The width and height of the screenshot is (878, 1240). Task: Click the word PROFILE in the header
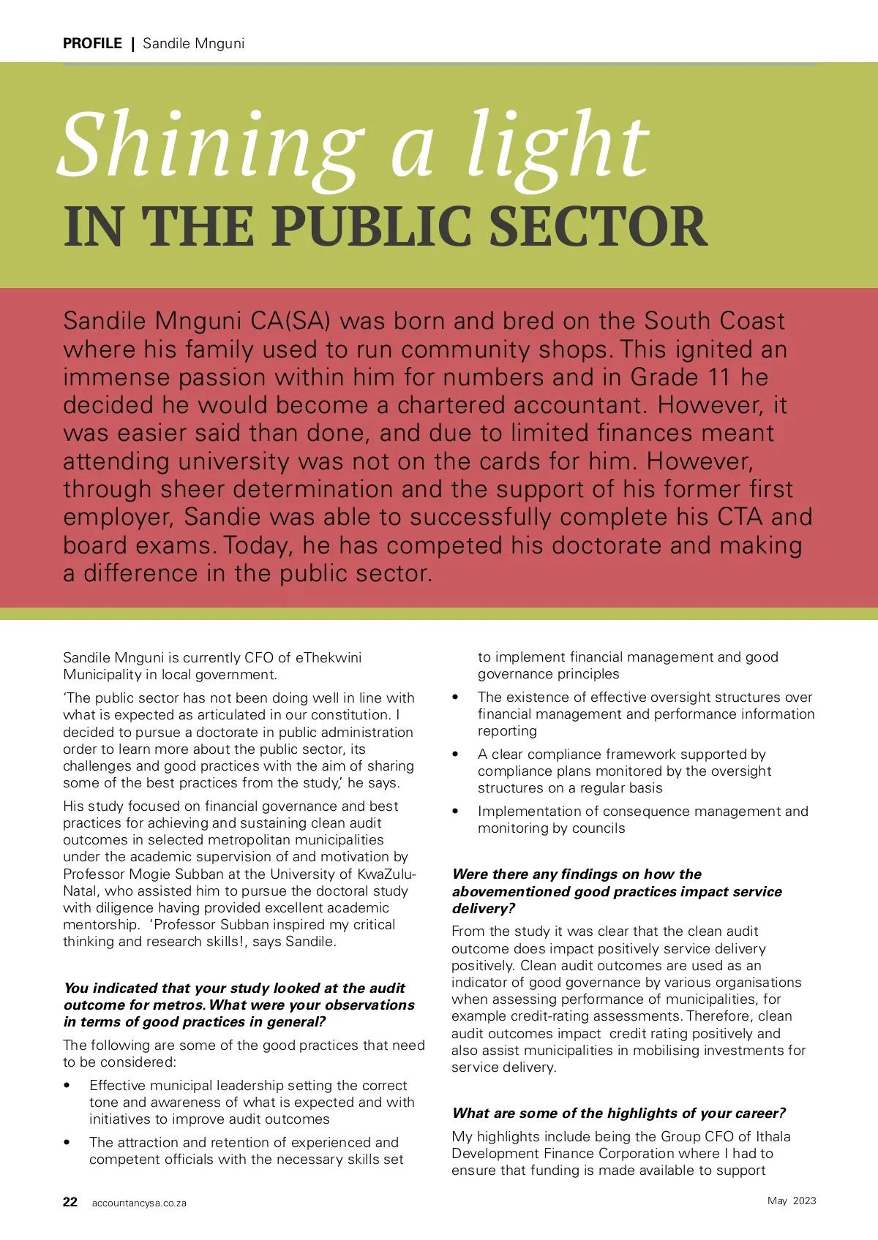pos(92,43)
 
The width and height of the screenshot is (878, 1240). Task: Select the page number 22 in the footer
pos(70,1202)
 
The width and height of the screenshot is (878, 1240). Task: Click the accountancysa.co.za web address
pos(139,1203)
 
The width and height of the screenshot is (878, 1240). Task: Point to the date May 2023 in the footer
pos(792,1201)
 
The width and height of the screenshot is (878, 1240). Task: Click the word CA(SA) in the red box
pos(290,321)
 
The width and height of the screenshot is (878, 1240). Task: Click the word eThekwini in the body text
pos(329,657)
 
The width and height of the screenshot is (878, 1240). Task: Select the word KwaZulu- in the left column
pos(386,874)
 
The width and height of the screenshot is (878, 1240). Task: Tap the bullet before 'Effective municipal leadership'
pos(68,1086)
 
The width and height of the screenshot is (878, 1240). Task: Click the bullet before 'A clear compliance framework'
pos(456,755)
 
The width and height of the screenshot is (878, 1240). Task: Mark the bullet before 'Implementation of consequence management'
pos(456,812)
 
